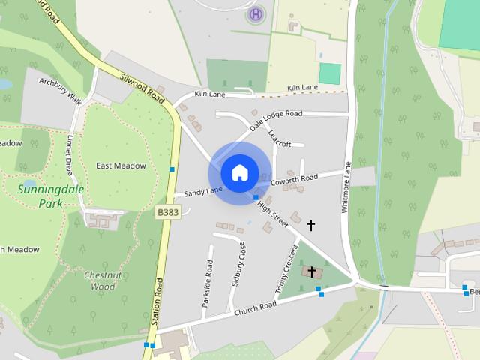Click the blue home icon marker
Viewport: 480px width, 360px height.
click(239, 172)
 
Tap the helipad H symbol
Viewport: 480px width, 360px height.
click(256, 13)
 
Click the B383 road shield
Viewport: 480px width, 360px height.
click(167, 214)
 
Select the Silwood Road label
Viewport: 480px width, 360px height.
click(142, 86)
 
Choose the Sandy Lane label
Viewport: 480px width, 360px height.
click(203, 193)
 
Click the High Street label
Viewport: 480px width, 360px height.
click(273, 214)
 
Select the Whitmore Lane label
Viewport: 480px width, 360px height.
click(346, 188)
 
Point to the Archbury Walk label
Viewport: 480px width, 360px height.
click(60, 90)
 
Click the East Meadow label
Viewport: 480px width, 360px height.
click(121, 166)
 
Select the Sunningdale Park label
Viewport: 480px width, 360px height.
click(50, 196)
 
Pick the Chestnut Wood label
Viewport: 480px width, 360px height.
click(98, 280)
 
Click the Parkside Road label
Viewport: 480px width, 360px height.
click(207, 283)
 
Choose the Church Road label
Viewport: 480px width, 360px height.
click(255, 308)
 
